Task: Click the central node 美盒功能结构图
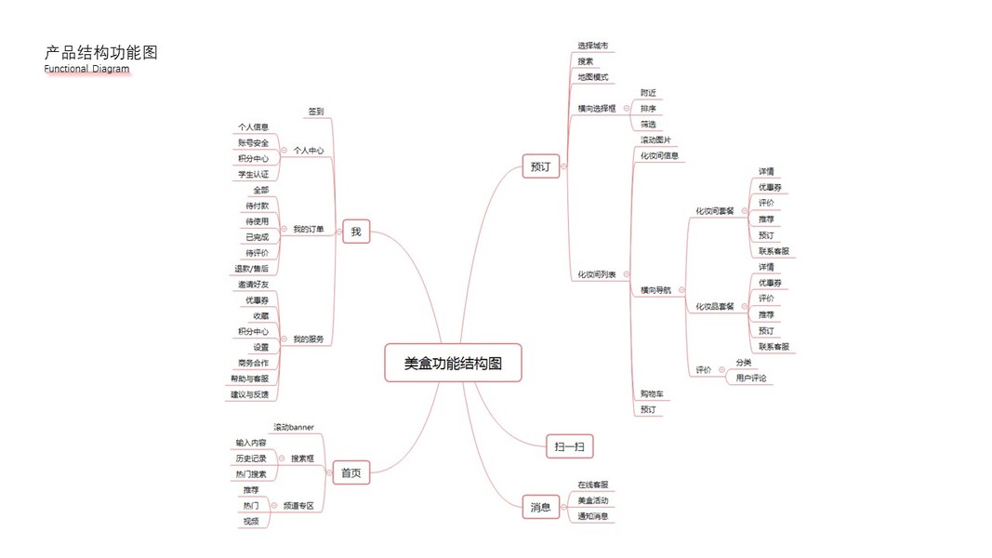[x=453, y=363]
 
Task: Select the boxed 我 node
[x=356, y=231]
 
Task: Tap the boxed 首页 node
[x=351, y=473]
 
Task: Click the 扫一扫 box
[x=569, y=447]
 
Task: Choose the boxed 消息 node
[x=540, y=507]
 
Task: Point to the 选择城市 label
[x=592, y=46]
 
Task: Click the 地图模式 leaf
[x=592, y=77]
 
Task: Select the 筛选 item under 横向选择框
[x=648, y=124]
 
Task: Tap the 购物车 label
[x=652, y=394]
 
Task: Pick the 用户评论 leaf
[x=751, y=378]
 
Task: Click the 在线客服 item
[x=592, y=485]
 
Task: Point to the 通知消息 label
[x=592, y=516]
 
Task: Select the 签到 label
[x=316, y=112]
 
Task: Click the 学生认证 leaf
[x=253, y=174]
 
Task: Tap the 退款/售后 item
[x=251, y=269]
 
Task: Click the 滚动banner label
[x=293, y=427]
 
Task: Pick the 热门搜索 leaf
[x=251, y=474]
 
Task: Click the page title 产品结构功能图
[x=101, y=53]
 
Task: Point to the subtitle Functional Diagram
[x=86, y=69]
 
